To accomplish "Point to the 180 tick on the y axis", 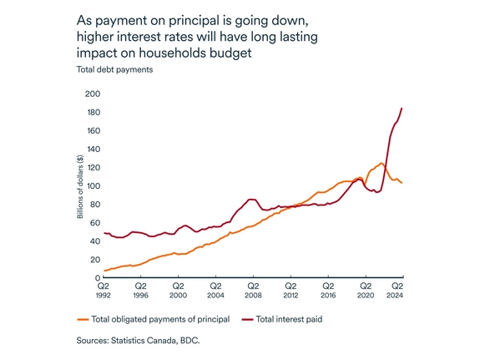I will point(93,112).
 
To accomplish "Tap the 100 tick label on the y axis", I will point(93,185).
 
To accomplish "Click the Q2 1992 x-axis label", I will point(103,291).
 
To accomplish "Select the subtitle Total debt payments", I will point(109,70).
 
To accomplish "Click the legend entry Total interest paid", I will point(289,319).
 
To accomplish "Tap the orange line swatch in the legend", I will point(82,319).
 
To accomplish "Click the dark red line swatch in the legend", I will point(247,319).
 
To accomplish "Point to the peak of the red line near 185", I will point(402,108).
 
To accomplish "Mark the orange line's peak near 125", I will point(381,163).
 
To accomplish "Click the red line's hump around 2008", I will point(251,200).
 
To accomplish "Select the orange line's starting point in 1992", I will point(104,271).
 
